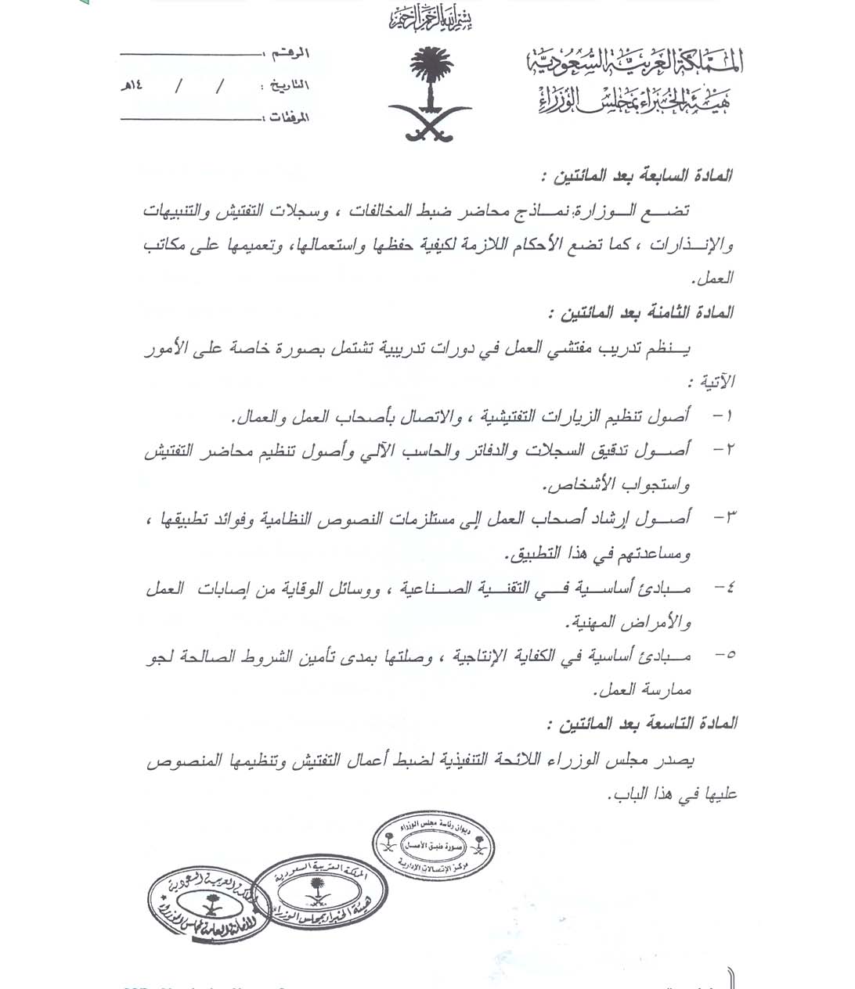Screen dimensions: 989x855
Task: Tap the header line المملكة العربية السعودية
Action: (x=633, y=63)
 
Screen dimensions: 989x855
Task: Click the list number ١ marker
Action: (x=722, y=415)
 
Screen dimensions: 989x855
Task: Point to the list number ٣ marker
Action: (x=722, y=518)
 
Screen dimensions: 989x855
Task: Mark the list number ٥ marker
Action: (x=722, y=656)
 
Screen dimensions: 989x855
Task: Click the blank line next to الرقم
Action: (x=188, y=54)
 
